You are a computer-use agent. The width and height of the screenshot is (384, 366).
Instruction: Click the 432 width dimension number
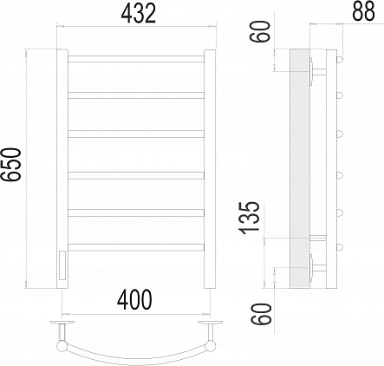tap(139, 13)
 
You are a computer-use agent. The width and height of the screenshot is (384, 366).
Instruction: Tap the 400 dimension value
tap(134, 300)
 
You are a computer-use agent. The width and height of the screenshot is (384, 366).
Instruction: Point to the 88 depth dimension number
tap(363, 11)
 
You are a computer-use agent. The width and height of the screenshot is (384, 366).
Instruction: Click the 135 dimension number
tap(249, 218)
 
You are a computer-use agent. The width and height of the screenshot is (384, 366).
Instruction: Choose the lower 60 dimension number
tap(262, 314)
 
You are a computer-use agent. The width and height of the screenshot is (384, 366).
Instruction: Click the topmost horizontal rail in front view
tap(136, 59)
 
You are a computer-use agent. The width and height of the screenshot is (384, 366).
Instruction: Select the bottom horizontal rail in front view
tap(136, 247)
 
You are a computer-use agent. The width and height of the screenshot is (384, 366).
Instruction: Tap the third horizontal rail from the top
tap(136, 134)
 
